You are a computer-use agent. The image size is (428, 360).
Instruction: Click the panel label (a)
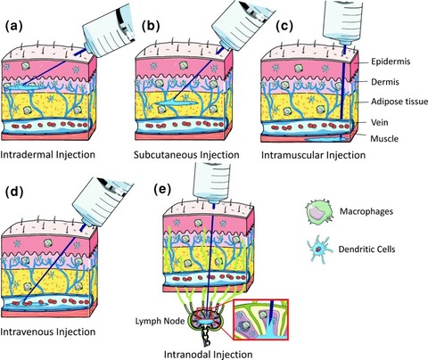[14, 27]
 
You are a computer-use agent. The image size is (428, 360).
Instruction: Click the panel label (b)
[151, 27]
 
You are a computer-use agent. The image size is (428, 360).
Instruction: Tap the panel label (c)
[284, 27]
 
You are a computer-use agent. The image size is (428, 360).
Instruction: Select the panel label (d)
[14, 192]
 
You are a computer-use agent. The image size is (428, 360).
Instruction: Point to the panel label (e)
[162, 190]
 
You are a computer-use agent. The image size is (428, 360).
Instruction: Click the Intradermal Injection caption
[47, 155]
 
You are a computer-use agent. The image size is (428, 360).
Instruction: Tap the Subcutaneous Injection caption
[186, 155]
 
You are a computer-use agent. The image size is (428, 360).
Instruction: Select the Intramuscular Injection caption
[313, 155]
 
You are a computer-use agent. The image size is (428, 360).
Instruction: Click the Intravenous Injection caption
[48, 331]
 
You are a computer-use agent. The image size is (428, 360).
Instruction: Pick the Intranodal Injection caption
[209, 355]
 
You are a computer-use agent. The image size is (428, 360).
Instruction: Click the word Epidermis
[391, 61]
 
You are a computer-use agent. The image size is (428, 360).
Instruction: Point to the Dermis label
[385, 82]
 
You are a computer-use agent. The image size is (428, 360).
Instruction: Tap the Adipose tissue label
[399, 102]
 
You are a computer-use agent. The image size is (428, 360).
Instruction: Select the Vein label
[380, 122]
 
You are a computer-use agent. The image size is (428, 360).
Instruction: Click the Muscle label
[384, 138]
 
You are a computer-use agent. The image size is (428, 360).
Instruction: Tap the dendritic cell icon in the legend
[319, 248]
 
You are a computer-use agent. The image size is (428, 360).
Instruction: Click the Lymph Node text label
[160, 321]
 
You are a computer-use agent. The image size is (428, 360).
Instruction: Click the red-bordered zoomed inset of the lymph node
[261, 319]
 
